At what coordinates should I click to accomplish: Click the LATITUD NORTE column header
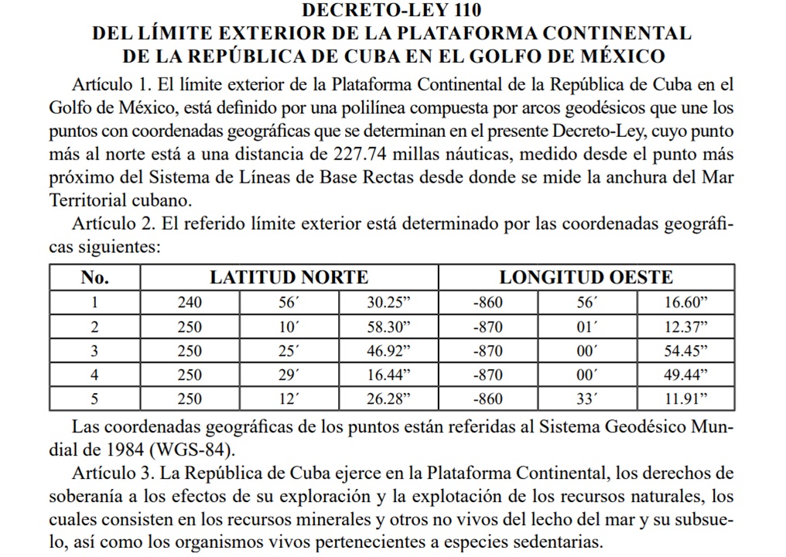(x=289, y=278)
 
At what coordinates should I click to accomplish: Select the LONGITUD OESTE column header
(x=586, y=278)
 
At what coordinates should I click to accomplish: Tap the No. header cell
(x=95, y=278)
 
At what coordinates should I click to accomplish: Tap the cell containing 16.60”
(x=687, y=302)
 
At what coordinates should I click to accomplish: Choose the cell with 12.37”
(x=687, y=326)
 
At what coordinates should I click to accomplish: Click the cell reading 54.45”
(x=687, y=350)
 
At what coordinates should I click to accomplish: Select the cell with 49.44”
(x=687, y=375)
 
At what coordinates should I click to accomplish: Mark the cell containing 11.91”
(x=687, y=399)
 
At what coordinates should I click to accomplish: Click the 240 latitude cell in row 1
(x=189, y=302)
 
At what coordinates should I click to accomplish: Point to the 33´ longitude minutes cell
(x=588, y=399)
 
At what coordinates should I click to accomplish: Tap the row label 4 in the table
(x=95, y=375)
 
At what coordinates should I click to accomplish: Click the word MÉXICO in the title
(x=617, y=56)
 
